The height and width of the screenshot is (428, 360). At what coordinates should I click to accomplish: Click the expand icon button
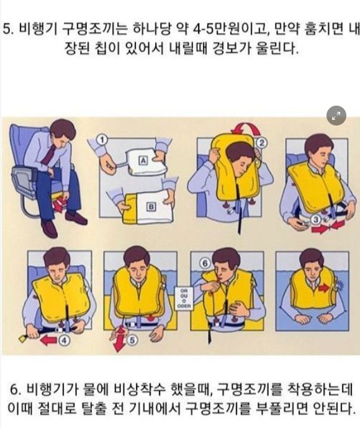[336, 116]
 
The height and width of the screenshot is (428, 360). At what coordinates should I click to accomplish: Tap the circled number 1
[102, 140]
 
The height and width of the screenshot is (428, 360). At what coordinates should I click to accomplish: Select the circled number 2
[261, 143]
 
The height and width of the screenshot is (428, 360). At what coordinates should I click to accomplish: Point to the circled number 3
[317, 220]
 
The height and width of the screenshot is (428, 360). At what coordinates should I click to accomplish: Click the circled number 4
[64, 340]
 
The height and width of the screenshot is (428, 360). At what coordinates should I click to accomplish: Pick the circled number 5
[132, 340]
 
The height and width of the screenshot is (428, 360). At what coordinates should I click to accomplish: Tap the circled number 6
[205, 263]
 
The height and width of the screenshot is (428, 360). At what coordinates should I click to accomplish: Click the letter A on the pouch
[143, 160]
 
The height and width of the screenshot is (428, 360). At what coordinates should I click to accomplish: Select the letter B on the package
[151, 207]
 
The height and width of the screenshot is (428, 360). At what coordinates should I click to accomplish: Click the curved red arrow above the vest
[245, 125]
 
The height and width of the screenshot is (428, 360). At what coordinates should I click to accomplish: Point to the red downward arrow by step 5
[119, 340]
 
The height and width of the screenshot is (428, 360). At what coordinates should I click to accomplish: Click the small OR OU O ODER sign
[184, 298]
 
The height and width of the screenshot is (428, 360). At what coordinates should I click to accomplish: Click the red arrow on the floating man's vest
[324, 288]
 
